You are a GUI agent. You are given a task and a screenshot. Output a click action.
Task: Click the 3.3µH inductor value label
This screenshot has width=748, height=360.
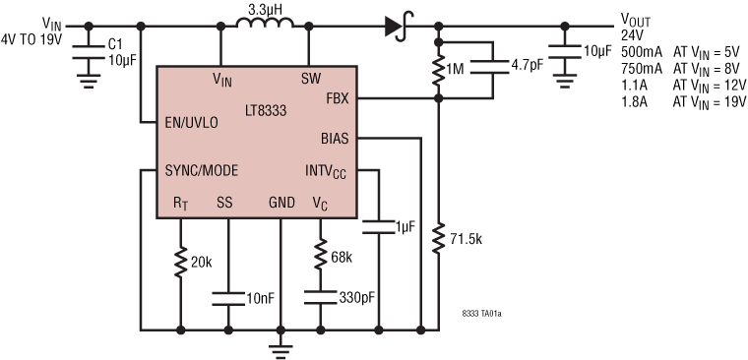point(263,9)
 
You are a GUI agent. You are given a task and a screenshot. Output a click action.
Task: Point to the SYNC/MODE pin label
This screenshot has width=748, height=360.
point(197,168)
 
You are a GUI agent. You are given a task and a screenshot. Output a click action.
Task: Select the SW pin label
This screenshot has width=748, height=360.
point(311,78)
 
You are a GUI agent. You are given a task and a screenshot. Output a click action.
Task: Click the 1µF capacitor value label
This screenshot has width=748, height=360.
point(406,227)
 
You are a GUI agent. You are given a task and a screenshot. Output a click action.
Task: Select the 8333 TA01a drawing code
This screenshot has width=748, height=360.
point(482,314)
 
